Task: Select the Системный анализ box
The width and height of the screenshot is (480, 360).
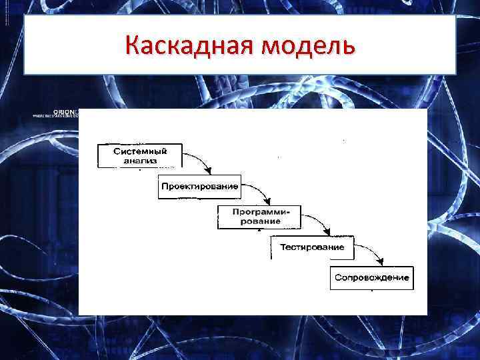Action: [139, 156]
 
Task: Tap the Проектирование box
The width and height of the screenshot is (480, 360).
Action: [199, 186]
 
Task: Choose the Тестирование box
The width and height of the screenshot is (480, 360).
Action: [312, 247]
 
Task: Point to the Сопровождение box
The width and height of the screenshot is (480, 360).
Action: [371, 277]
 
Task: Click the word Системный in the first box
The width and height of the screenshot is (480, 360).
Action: [139, 151]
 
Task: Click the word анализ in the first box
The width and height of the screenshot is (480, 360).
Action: [139, 161]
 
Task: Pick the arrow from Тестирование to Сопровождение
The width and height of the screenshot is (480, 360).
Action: [371, 252]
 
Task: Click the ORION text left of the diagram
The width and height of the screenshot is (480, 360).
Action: [67, 111]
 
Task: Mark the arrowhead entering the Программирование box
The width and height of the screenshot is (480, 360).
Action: [269, 201]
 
